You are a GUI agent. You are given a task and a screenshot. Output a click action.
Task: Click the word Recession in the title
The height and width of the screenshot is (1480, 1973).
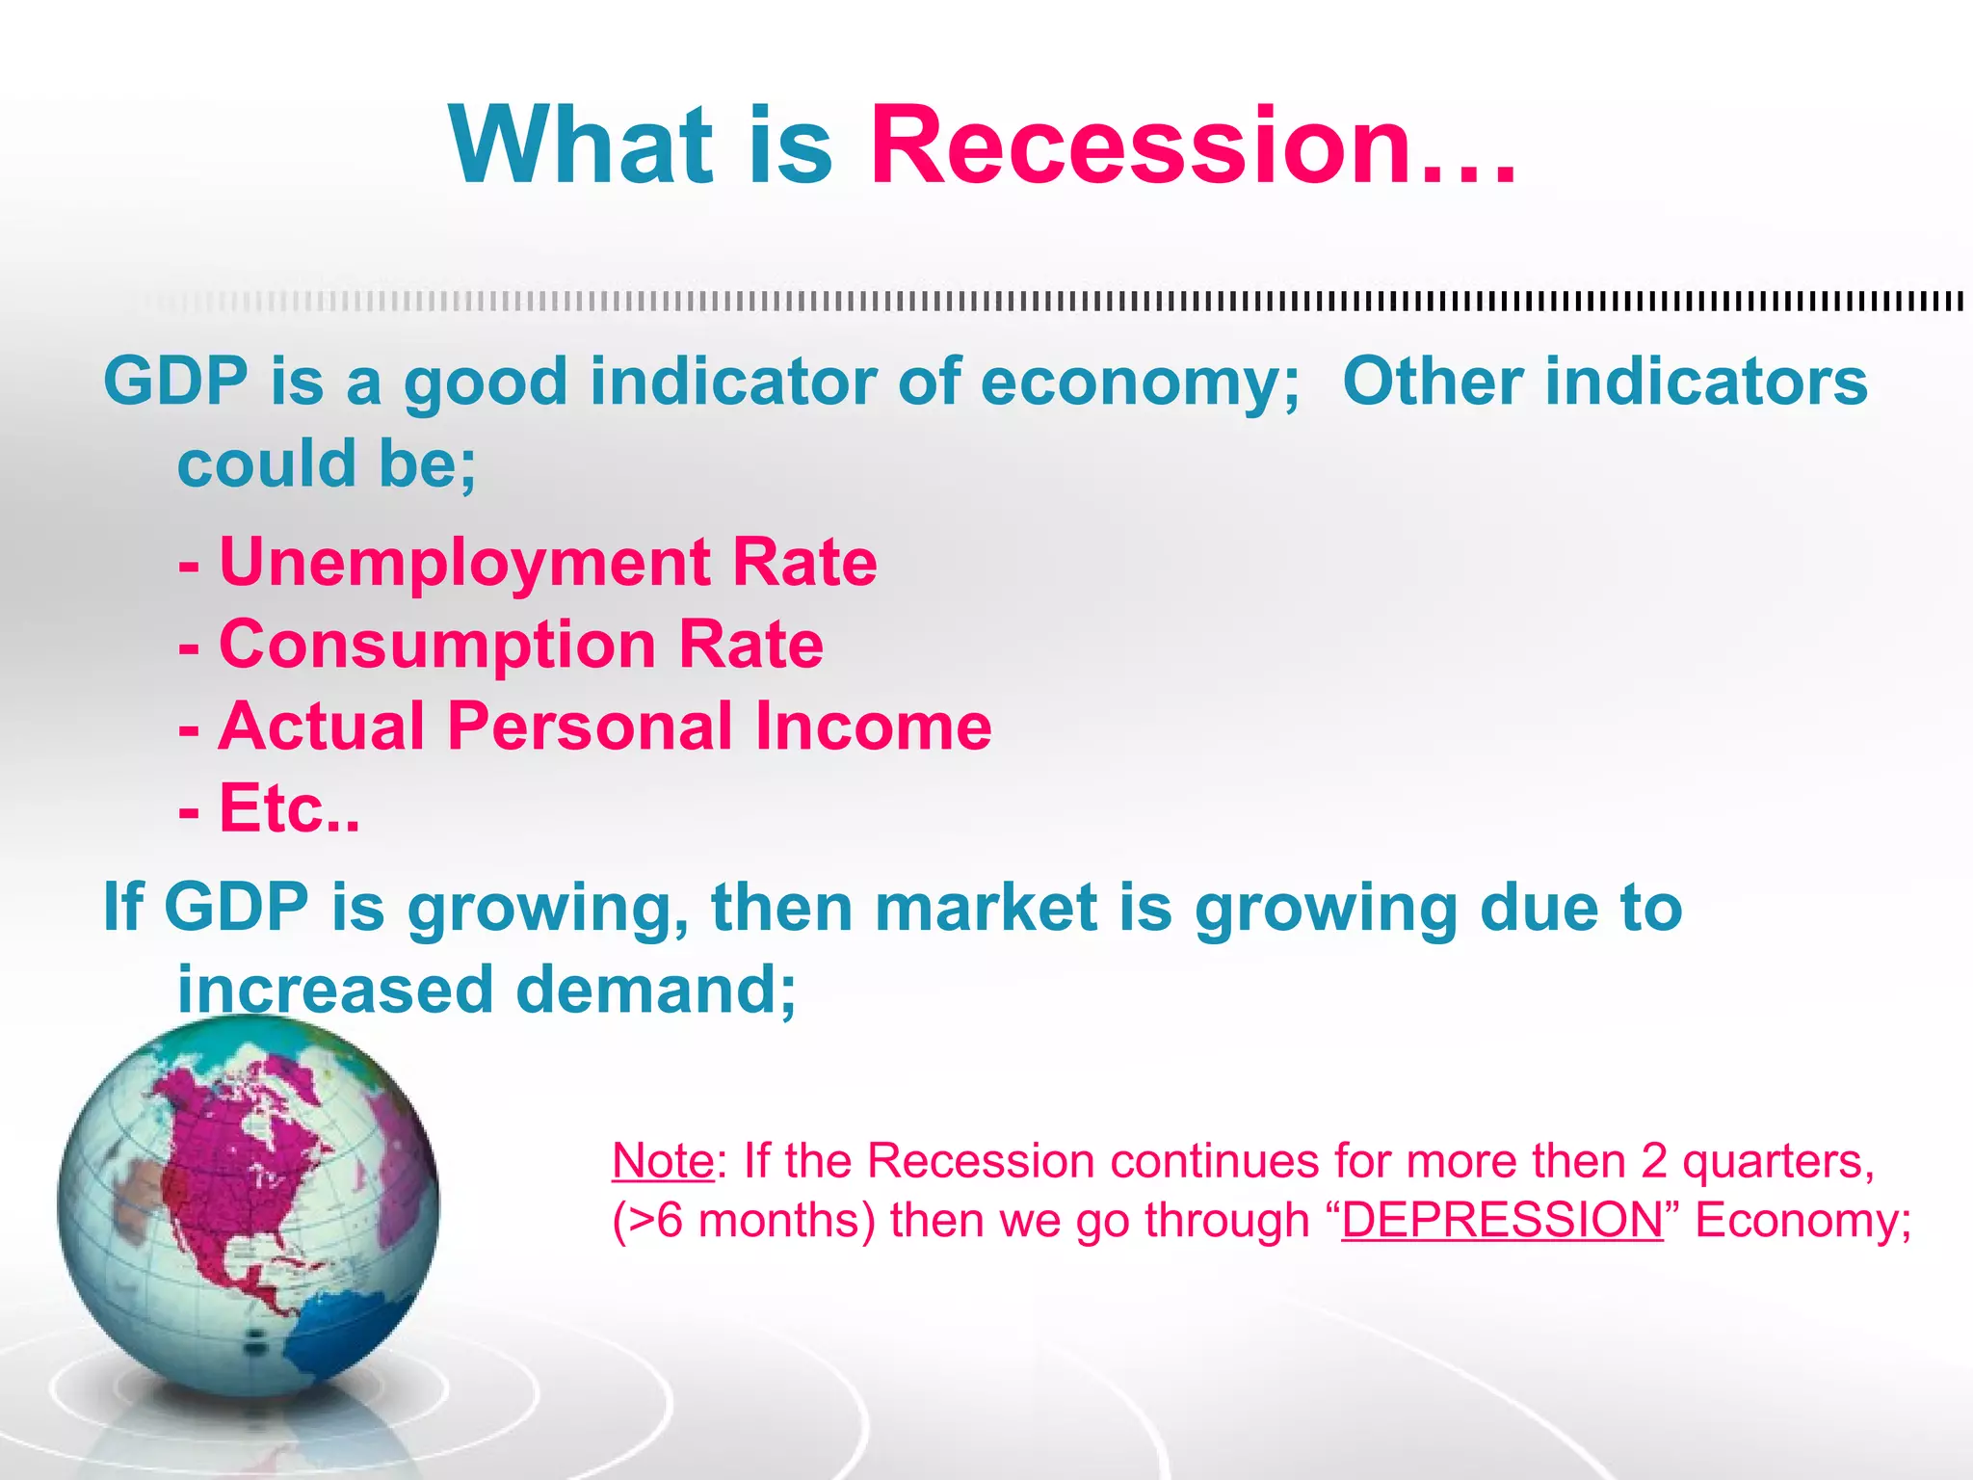(1142, 146)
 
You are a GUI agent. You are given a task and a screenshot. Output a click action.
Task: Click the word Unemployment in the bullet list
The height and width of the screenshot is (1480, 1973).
(466, 563)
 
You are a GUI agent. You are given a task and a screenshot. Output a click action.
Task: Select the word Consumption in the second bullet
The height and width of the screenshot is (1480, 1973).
(437, 645)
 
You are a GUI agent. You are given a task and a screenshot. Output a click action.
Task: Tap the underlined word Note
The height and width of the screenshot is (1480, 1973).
(663, 1160)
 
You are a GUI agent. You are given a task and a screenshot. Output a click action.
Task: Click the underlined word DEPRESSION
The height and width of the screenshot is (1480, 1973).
(1502, 1220)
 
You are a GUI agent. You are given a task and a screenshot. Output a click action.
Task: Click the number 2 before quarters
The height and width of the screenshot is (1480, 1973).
(1653, 1160)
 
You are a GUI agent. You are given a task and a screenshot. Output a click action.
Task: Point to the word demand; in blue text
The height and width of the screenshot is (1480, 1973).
(655, 991)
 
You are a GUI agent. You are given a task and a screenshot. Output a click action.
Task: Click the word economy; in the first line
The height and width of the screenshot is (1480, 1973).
(1140, 383)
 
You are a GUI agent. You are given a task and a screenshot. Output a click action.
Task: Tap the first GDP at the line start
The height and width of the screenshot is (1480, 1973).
(175, 383)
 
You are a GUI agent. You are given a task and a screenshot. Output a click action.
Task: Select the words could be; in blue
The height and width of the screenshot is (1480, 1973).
(327, 464)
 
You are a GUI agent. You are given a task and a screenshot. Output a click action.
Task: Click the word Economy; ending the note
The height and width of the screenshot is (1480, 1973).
(1802, 1220)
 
